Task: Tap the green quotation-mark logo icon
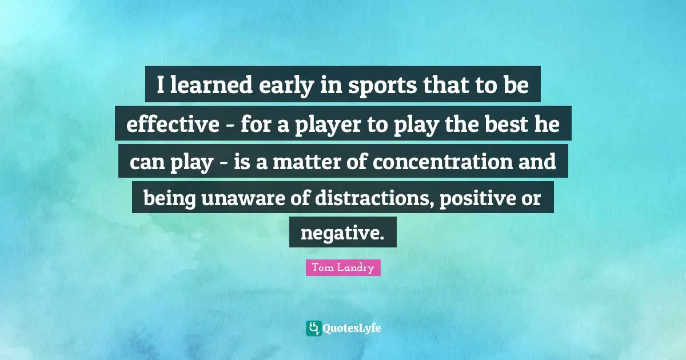tap(313, 328)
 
